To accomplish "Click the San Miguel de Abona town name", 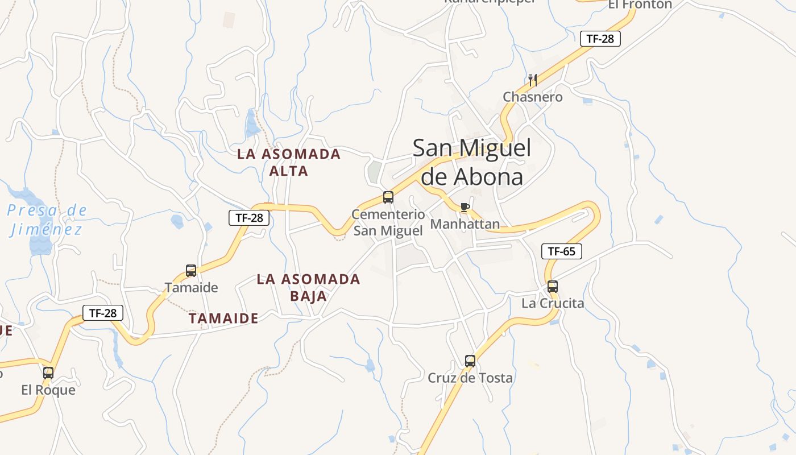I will coord(471,162).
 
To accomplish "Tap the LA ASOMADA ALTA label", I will coord(289,162).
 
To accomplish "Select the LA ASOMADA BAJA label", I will coord(309,287).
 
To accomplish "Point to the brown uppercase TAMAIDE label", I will coord(223,318).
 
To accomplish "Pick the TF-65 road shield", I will coord(562,251).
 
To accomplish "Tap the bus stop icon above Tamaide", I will coord(191,271).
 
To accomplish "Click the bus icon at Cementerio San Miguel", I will coord(388,197).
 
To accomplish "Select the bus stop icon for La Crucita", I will coord(553,287).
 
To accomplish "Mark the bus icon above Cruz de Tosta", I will coord(470,361).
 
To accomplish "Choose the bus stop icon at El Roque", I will coord(48,373).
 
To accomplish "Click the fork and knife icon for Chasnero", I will coord(533,80).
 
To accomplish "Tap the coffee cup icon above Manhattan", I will coord(465,207).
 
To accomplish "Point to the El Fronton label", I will coord(640,5).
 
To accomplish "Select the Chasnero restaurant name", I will coord(533,97).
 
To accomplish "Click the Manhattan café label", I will coord(465,224).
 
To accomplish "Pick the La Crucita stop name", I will coord(553,303).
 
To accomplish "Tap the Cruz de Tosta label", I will coord(470,378).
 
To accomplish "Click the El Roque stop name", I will coord(48,390).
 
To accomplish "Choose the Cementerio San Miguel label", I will coord(388,222).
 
